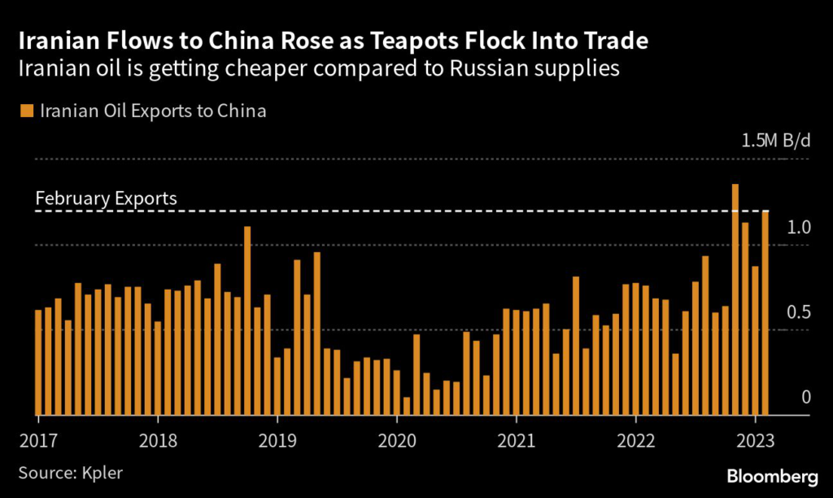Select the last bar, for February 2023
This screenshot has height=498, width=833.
tap(765, 313)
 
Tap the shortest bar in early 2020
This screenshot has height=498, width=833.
tap(406, 405)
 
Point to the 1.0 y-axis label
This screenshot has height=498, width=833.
tap(800, 227)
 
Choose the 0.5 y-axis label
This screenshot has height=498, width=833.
tap(800, 313)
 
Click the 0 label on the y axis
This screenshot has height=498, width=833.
tap(806, 397)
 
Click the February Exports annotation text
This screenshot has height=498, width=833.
tap(106, 199)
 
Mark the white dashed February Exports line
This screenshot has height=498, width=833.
tap(488, 212)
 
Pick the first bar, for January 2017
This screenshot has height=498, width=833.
tap(38, 362)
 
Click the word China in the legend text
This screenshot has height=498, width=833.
tap(241, 110)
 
